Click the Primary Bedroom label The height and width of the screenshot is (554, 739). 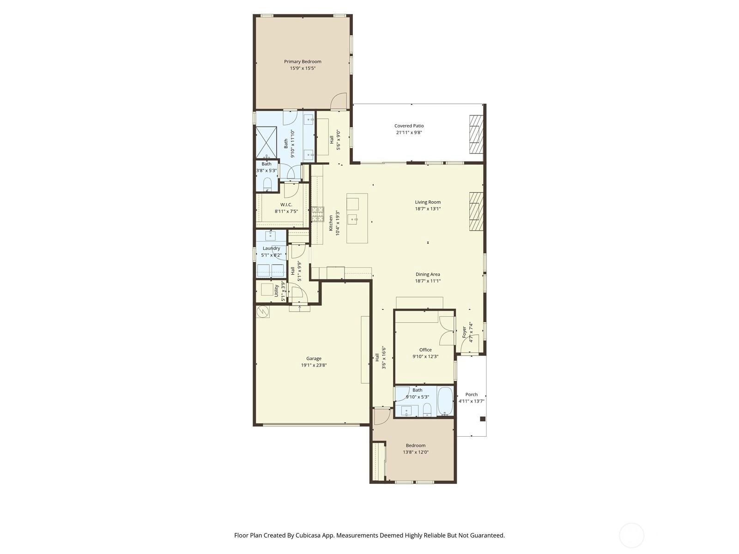tap(303, 61)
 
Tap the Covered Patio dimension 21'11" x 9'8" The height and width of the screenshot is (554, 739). tap(409, 132)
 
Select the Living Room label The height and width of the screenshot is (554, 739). tap(428, 202)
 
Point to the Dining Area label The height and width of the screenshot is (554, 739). tap(428, 275)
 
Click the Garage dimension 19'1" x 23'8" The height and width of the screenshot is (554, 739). tap(314, 365)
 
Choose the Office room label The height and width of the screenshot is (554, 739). tap(425, 350)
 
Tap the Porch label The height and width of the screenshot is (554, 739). tap(472, 395)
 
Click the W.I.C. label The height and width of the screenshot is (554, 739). tap(286, 205)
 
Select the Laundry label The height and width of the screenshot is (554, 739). tap(271, 248)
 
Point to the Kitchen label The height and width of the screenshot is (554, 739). tap(331, 223)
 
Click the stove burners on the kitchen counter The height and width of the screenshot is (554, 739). tap(317, 214)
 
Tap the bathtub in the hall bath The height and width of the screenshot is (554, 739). tap(445, 401)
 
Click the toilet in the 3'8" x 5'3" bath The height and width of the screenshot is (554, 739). tap(267, 184)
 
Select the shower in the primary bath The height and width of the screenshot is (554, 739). tap(266, 142)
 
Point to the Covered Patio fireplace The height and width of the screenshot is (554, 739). tap(476, 134)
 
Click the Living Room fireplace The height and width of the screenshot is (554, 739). tap(476, 211)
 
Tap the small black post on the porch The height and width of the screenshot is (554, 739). tap(483, 419)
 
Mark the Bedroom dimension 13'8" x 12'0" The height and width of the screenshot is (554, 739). tap(415, 452)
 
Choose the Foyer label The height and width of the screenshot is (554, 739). tap(464, 332)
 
